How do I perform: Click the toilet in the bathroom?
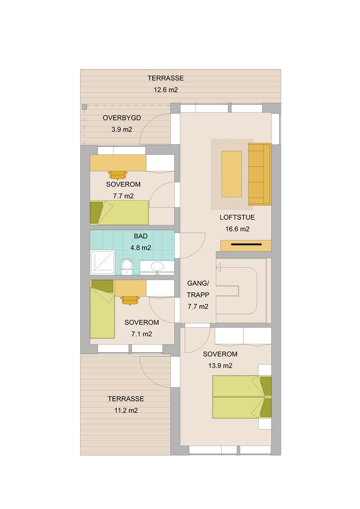[127, 266]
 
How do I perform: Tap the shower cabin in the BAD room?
[102, 262]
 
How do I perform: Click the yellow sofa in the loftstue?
[259, 174]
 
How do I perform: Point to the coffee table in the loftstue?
[232, 173]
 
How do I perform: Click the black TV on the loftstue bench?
[246, 245]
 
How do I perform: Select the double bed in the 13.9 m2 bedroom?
[241, 397]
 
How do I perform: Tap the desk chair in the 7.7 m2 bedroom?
[118, 174]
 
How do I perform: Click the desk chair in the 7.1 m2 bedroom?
[130, 300]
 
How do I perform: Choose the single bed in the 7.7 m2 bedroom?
[119, 213]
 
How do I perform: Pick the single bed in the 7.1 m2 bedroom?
[102, 309]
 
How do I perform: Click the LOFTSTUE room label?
[237, 217]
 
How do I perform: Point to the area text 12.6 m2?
[166, 90]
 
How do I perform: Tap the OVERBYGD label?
[122, 118]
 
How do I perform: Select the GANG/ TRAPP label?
[197, 289]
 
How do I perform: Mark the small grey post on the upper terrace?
[85, 107]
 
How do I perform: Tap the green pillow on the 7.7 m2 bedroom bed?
[96, 212]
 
